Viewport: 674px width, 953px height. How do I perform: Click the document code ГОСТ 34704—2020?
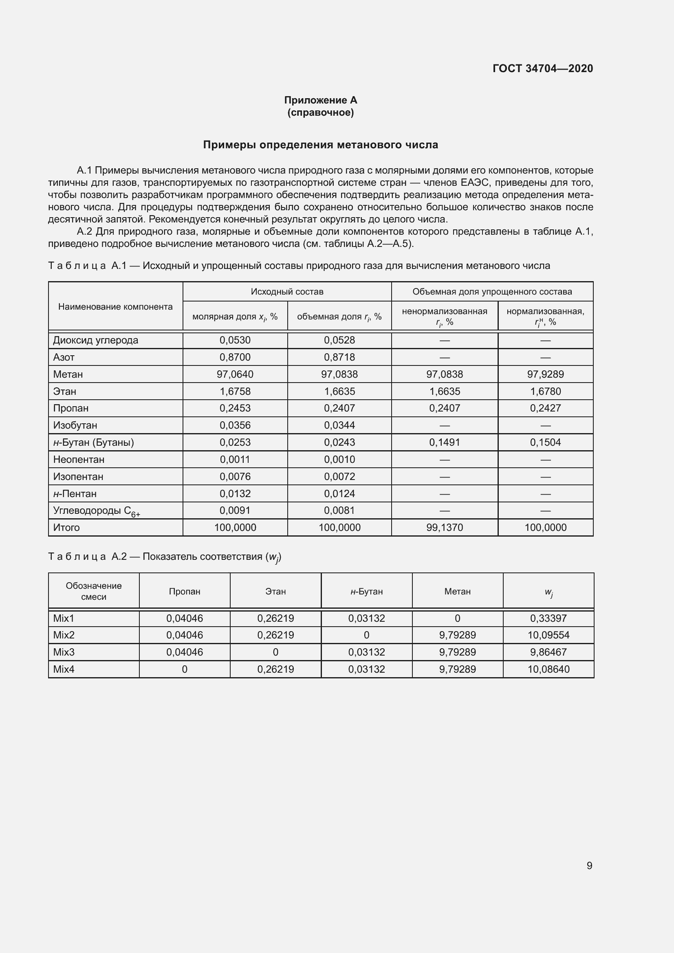click(x=542, y=68)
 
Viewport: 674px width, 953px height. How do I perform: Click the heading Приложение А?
click(x=320, y=100)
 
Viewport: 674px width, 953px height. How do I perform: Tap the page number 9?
click(x=589, y=865)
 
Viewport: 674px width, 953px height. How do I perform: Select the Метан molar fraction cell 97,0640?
click(x=235, y=374)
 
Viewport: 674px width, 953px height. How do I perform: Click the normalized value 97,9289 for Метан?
click(x=545, y=374)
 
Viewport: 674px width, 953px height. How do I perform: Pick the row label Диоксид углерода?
click(x=95, y=340)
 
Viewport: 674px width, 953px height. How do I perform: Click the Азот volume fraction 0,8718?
click(x=339, y=357)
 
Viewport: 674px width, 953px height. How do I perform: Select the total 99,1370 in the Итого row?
click(x=444, y=528)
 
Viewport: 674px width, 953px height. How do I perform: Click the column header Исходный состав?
click(x=287, y=291)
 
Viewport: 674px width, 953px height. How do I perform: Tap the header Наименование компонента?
click(x=115, y=307)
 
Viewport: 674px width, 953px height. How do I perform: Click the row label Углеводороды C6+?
click(x=96, y=511)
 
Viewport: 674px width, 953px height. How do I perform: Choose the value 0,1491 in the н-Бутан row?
click(x=444, y=442)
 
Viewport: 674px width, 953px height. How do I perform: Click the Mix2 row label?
click(x=64, y=635)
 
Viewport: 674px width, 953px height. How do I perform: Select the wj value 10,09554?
click(x=548, y=635)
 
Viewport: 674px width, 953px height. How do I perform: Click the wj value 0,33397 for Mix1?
click(x=548, y=618)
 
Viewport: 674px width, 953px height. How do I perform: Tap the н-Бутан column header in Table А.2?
click(x=366, y=592)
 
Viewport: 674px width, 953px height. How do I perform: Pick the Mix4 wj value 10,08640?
click(x=548, y=669)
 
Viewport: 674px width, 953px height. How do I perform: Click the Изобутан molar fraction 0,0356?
click(x=235, y=425)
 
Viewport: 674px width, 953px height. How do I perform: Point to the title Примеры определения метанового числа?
click(x=320, y=145)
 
